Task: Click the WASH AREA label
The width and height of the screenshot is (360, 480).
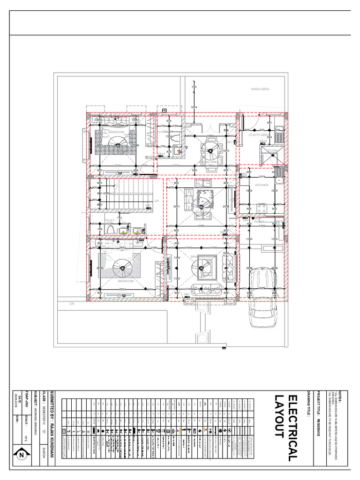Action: (x=260, y=89)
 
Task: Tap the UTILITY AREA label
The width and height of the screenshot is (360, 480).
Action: (x=259, y=135)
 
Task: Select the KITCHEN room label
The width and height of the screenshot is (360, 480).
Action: (x=262, y=185)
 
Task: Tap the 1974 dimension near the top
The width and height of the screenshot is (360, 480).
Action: (x=194, y=108)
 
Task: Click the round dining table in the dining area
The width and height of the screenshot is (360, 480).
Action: (x=209, y=151)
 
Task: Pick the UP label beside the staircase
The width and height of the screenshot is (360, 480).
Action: (x=157, y=201)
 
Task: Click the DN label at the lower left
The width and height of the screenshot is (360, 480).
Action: (x=72, y=304)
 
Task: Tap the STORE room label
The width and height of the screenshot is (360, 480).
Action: (x=273, y=150)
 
